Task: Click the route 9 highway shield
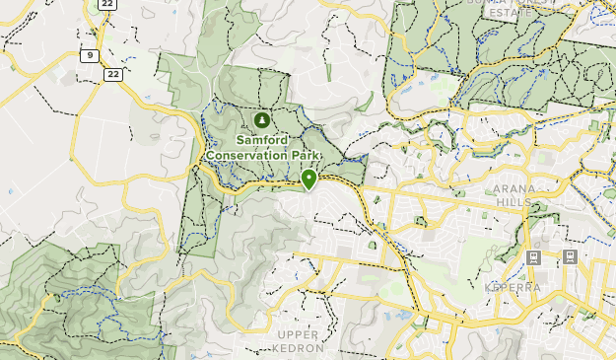tap(90, 56)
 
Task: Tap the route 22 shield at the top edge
tap(107, 4)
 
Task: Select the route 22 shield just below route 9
tap(113, 74)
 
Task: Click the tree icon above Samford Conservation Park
tap(261, 120)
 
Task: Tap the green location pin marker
tap(308, 179)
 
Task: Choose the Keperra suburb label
tap(512, 287)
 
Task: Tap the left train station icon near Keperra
tap(533, 257)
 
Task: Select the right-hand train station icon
tap(569, 257)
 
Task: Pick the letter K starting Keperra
tap(488, 287)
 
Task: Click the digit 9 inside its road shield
tap(90, 56)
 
